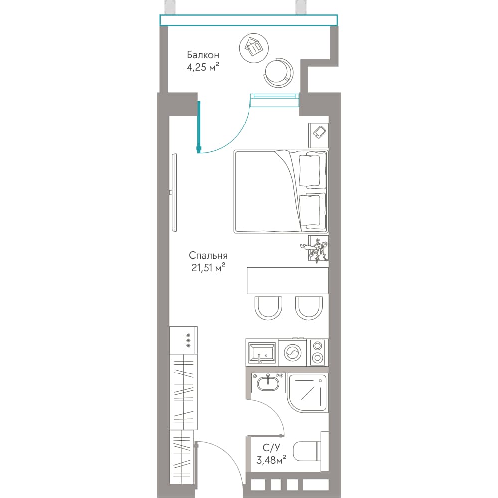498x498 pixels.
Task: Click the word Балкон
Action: tap(203, 55)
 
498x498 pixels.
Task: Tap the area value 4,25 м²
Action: tap(203, 67)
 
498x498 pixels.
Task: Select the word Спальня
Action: tap(208, 255)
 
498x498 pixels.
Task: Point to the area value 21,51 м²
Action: tap(208, 268)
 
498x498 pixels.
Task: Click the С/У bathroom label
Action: tap(271, 448)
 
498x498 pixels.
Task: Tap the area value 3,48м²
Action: tap(271, 460)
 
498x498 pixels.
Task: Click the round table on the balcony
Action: tap(254, 48)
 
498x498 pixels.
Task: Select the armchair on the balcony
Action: tap(279, 72)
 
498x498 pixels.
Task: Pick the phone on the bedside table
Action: tap(319, 132)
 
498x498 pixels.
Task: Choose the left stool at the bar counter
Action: tap(268, 308)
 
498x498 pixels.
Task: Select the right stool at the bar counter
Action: tap(309, 308)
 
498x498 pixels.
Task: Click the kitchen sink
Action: tap(262, 353)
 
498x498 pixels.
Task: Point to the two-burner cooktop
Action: tap(317, 352)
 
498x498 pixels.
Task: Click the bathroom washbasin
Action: tap(268, 383)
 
